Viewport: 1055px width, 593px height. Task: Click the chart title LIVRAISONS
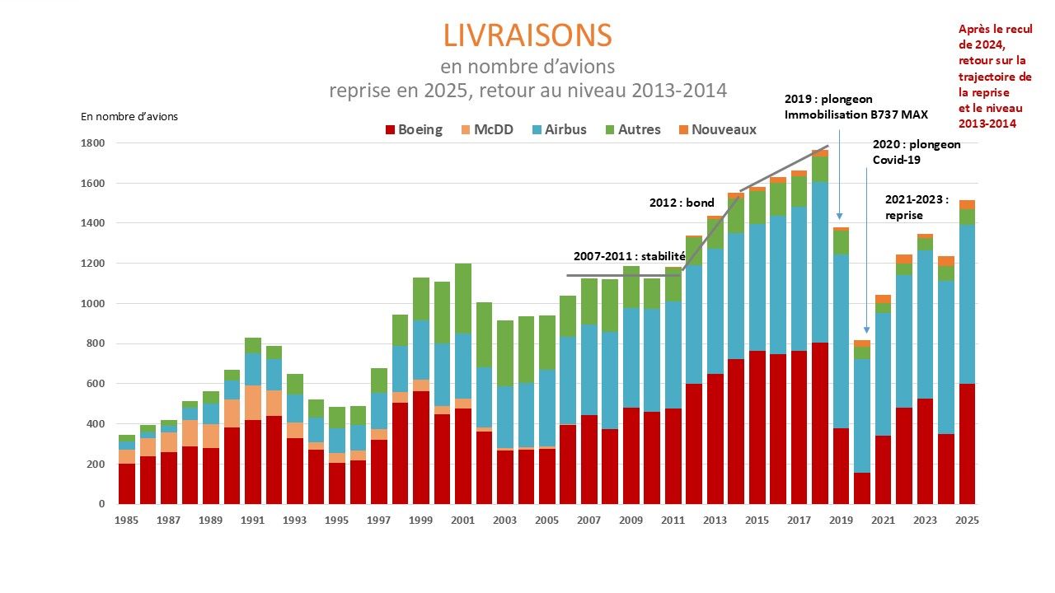[527, 35]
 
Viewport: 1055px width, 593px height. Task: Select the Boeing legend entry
[413, 129]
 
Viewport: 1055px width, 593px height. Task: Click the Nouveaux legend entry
[715, 129]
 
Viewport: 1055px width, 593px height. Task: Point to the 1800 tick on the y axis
[92, 143]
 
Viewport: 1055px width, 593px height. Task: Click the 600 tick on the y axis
[96, 384]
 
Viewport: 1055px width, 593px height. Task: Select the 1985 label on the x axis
[126, 521]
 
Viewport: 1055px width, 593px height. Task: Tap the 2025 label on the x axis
[967, 521]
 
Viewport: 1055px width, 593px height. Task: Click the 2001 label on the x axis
[462, 521]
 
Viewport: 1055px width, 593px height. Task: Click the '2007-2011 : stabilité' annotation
[630, 256]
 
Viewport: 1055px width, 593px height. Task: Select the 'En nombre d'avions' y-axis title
[129, 116]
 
